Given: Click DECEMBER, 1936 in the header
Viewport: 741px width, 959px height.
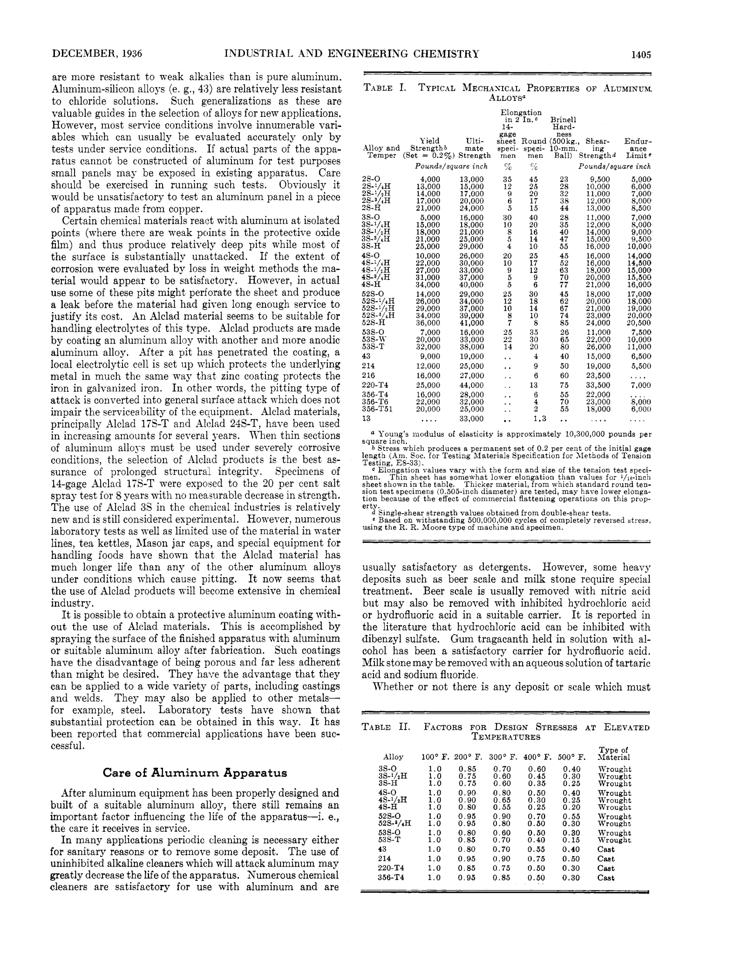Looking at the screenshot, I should coord(97,54).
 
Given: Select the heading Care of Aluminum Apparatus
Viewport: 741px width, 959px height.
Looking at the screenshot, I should coord(195,773).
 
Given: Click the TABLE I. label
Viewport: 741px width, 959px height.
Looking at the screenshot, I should coord(384,88).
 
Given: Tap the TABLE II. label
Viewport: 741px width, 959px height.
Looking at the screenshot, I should coord(386,727).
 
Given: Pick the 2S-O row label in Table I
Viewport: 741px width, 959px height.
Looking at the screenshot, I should coord(371,179).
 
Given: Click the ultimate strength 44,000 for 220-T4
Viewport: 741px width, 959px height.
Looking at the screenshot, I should coord(472,385).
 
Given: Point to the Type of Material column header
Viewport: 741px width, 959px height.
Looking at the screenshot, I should coord(614,754).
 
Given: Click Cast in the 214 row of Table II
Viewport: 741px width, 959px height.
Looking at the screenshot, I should coord(606,859).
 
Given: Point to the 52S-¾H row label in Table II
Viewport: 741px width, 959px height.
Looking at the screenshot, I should coord(394,824).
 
